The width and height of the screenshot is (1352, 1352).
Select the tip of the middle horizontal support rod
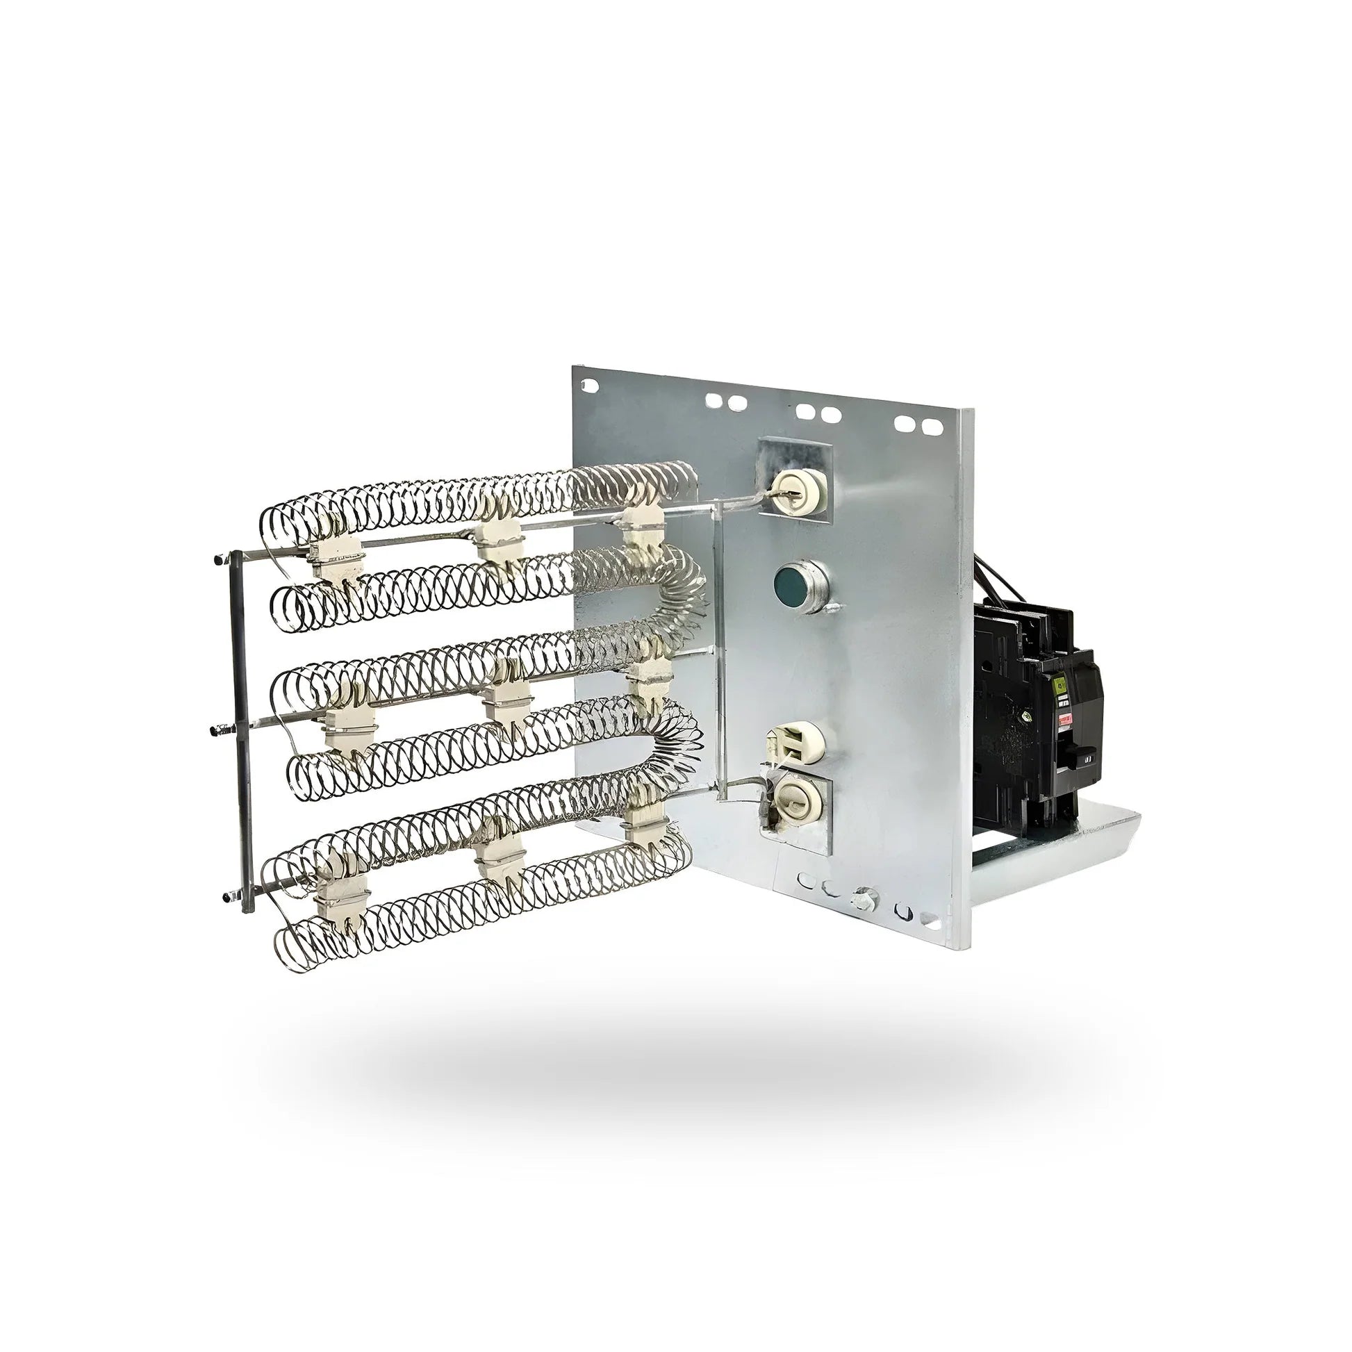point(214,729)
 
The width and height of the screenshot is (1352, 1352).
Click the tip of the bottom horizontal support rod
point(226,896)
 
